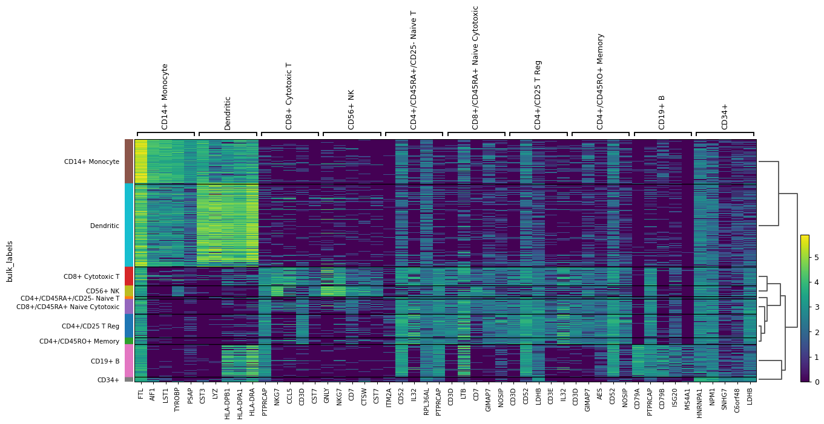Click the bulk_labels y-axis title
10,261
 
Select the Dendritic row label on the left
104,226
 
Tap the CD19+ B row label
104,361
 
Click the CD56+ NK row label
102,291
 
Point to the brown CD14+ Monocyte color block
129,161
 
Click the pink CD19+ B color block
129,361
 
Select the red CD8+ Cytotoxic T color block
129,276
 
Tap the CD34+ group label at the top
725,116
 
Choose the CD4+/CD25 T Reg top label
538,94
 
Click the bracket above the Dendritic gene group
228,133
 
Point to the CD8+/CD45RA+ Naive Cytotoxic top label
476,68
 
